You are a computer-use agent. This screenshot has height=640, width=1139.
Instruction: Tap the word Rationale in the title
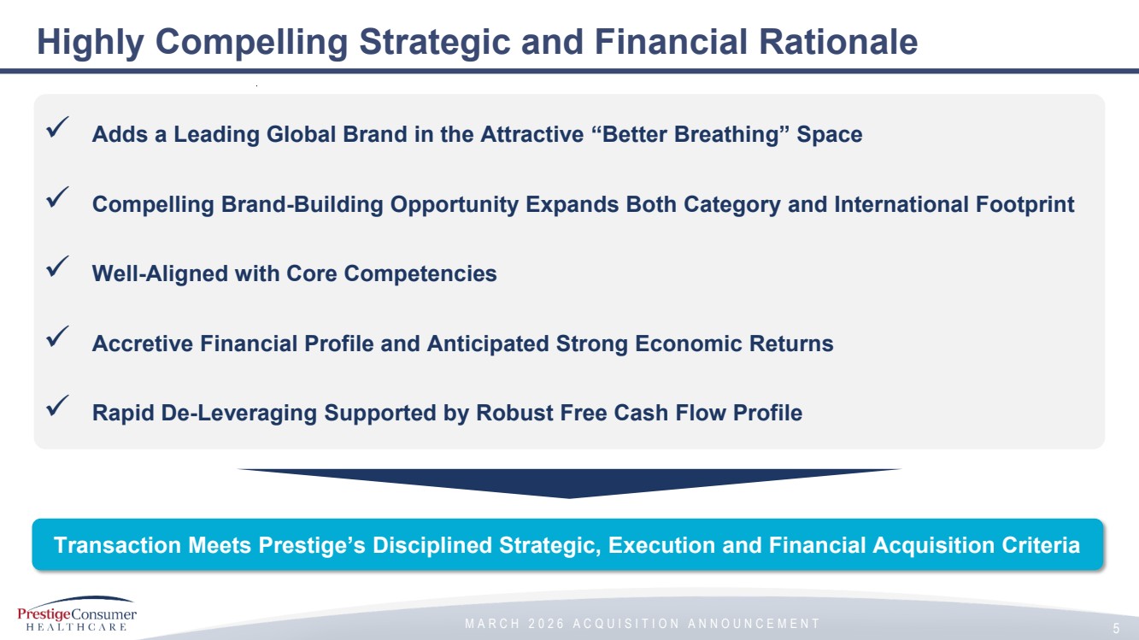(838, 41)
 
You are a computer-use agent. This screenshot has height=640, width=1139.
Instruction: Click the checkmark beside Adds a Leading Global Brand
(57, 127)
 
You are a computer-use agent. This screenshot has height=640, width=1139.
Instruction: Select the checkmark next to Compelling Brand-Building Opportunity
(57, 197)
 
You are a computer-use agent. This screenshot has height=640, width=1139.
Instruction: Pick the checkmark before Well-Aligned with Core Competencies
(57, 267)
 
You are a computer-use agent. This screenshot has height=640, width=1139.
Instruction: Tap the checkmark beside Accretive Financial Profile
(57, 337)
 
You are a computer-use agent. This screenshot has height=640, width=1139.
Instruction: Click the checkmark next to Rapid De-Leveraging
(57, 406)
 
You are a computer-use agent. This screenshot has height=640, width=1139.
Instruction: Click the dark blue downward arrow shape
(569, 483)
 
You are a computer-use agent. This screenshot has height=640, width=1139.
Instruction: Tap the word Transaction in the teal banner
(117, 545)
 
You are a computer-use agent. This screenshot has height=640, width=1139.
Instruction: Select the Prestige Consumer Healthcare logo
(77, 614)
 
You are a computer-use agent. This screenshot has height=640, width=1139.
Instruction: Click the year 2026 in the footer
(547, 624)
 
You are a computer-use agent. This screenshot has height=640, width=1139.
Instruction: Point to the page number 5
(1116, 628)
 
